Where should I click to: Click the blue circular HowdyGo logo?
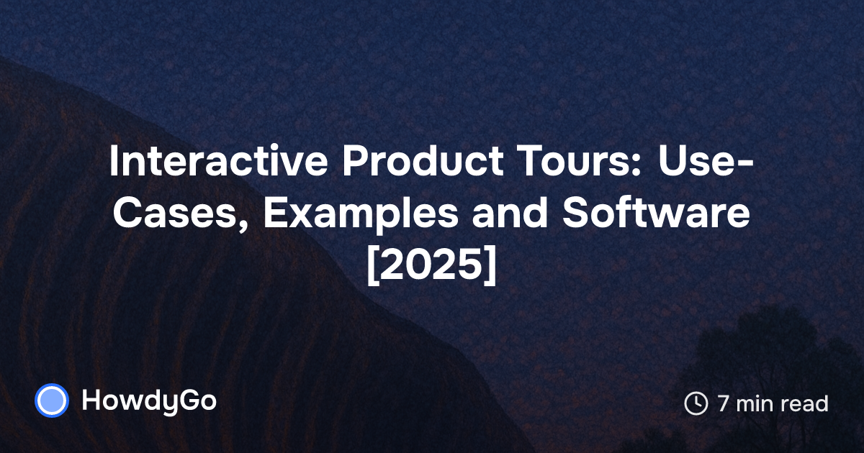tap(52, 401)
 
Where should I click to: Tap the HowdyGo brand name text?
tap(149, 401)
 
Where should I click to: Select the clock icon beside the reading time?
tap(696, 403)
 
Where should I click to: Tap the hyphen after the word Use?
tap(744, 165)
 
